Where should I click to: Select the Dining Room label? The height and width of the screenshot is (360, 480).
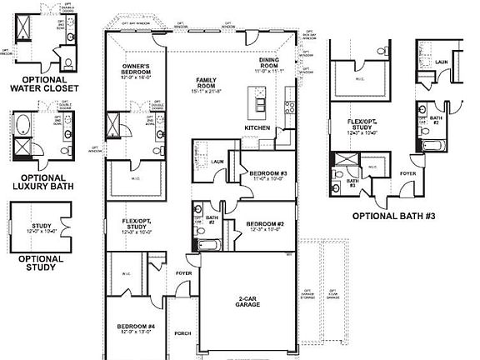point(269,61)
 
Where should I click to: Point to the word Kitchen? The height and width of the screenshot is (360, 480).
point(257,127)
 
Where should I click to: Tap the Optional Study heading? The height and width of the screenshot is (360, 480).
point(41,263)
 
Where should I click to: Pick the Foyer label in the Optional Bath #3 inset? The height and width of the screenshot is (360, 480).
point(407,173)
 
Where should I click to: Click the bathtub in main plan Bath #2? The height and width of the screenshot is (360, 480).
point(207,245)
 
